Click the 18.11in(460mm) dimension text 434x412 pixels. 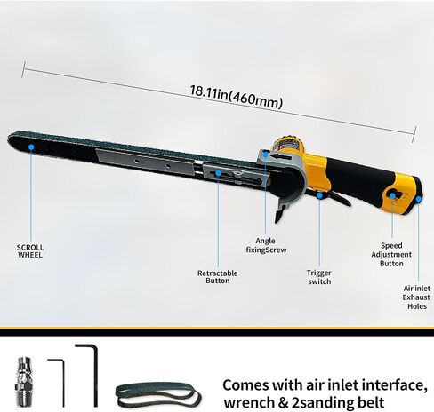[236, 97]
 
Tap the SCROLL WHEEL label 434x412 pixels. [30, 251]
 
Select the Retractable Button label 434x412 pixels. [218, 277]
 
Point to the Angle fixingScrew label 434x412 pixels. [266, 245]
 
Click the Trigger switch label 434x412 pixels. [319, 277]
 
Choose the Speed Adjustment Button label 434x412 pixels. [391, 255]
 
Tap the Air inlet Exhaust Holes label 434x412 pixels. [416, 297]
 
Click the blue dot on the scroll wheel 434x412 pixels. [31, 147]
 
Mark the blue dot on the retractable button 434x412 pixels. [218, 173]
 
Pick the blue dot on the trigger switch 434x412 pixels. [319, 195]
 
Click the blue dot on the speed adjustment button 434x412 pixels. [392, 195]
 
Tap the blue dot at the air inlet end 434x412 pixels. [418, 199]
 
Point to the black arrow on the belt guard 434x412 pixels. [282, 156]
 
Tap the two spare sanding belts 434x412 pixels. [158, 394]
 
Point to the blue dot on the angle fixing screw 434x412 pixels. [266, 154]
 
